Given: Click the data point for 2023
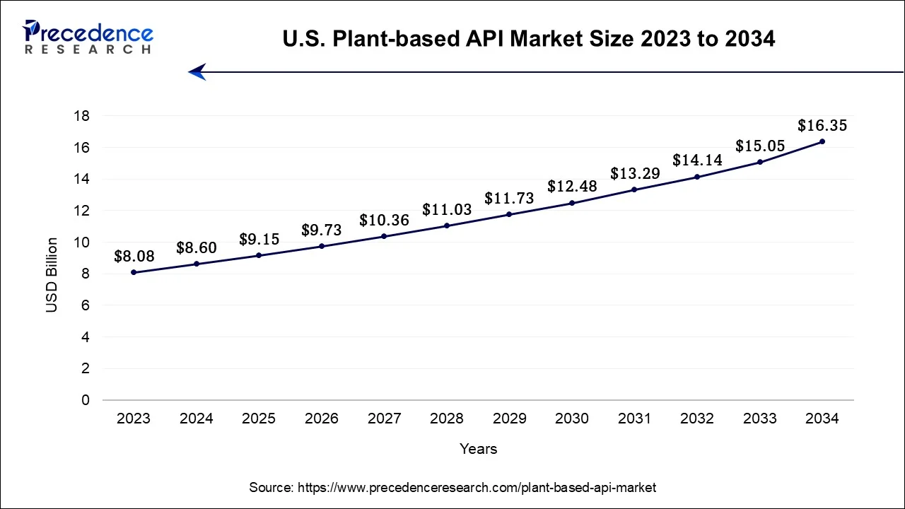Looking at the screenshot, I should coord(134,272).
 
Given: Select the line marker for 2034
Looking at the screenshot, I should coord(822,141).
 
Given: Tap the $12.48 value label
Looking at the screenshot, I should coord(572,187).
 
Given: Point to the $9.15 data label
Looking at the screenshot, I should coord(258,239).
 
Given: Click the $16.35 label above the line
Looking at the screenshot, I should coord(822,126).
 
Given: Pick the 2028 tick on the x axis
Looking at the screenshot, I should coord(446,419).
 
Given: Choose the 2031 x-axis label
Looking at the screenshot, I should coord(634,419).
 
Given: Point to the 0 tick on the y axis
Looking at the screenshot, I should coord(86,400).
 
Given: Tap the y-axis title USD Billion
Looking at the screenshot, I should coord(52,275).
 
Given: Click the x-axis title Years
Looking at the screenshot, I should coord(478,449).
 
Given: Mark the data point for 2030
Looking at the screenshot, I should coord(572,203).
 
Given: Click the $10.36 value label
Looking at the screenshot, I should coord(384,220).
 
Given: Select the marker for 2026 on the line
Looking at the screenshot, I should coord(322,246).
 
